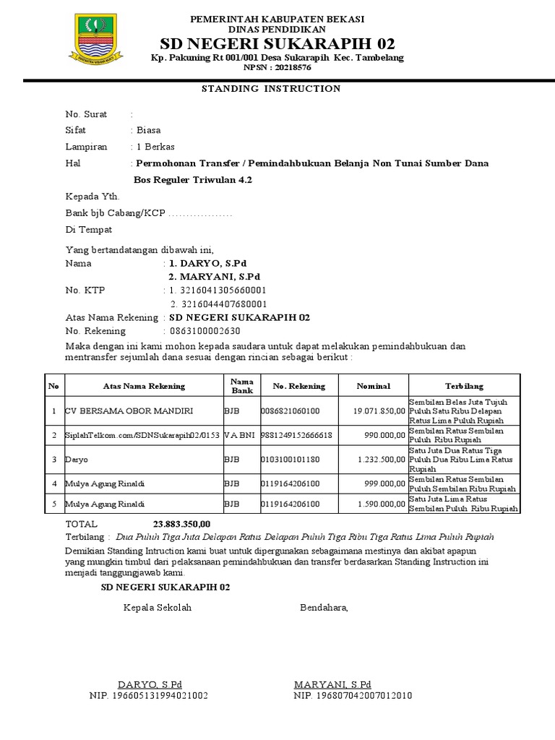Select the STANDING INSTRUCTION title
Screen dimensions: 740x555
coord(270,89)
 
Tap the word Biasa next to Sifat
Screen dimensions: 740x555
coord(149,131)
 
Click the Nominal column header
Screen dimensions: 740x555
coord(373,386)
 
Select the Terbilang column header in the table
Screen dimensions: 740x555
coord(464,386)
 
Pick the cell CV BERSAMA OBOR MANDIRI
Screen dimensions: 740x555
coord(129,411)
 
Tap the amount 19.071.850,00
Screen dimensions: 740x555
coord(379,411)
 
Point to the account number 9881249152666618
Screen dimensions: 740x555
coord(291,435)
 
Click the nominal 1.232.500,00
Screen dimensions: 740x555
coord(382,459)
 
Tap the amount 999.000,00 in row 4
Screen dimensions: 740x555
coord(385,483)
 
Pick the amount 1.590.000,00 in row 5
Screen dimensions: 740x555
coord(382,504)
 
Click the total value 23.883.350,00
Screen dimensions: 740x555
coord(181,524)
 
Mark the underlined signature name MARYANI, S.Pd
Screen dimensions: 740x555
coord(332,684)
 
